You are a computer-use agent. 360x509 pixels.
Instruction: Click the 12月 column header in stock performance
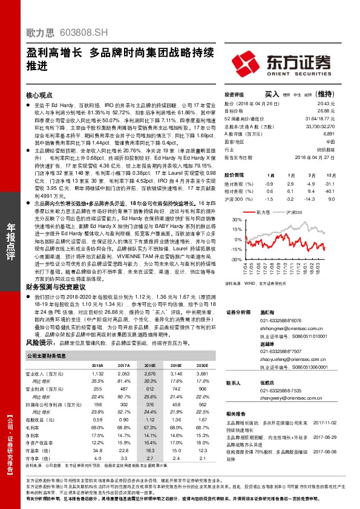tap(330, 174)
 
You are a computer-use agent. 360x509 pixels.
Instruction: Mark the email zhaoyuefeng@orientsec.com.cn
tap(289, 358)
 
